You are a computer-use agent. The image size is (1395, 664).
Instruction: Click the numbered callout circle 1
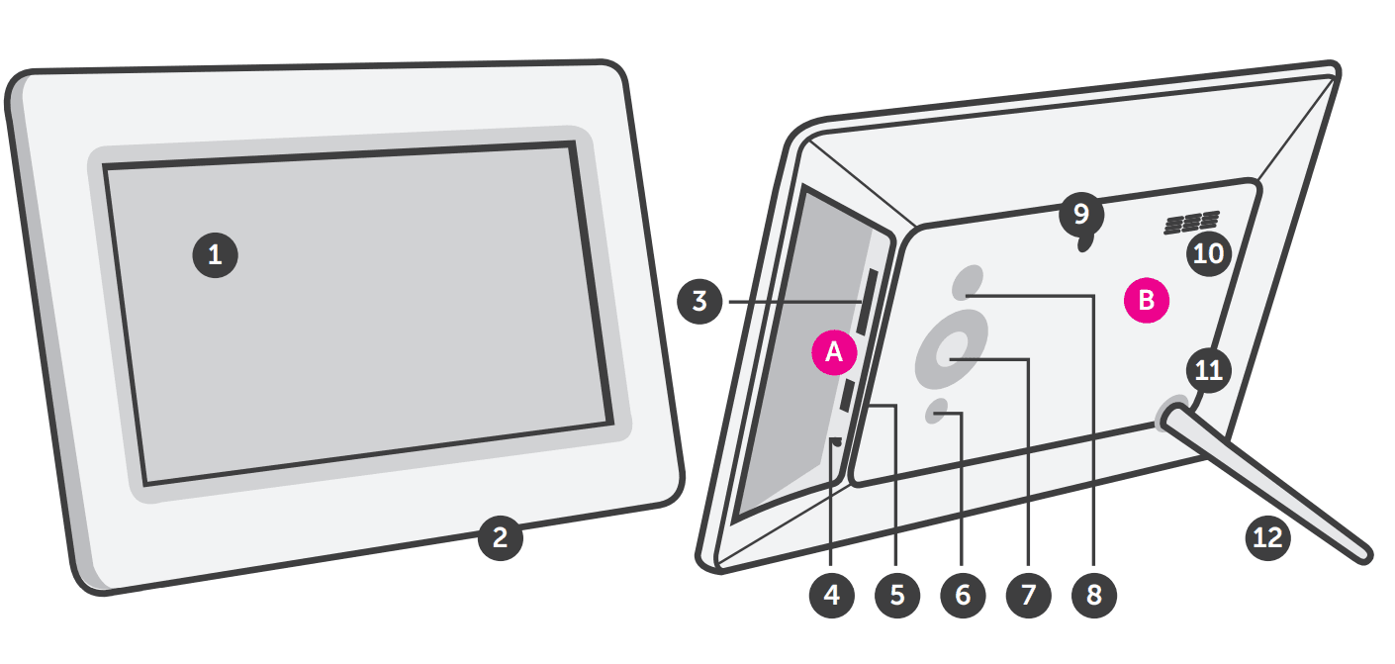215,255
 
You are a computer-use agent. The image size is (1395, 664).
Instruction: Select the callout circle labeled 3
700,301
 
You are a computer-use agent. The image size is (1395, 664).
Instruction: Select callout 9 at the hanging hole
1080,213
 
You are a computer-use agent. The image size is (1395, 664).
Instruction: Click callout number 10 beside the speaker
1208,253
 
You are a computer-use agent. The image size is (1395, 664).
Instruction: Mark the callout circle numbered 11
1208,370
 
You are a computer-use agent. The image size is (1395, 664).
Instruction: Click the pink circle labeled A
834,352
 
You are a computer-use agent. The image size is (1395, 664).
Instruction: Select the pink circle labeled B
1147,300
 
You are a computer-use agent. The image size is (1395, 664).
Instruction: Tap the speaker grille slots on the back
1191,224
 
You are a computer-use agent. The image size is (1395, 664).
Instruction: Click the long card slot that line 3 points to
866,302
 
